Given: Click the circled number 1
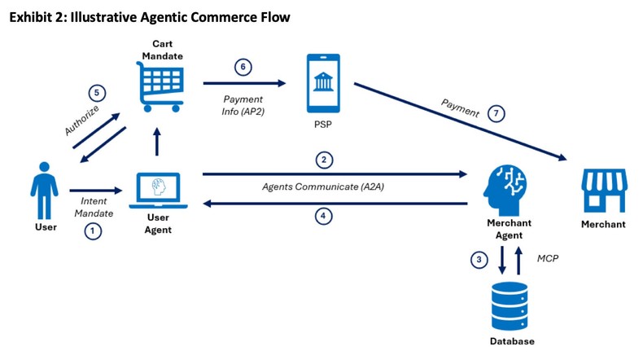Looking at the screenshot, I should [93, 230].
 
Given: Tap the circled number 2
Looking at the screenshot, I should [324, 160].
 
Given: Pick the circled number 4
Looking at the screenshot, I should [324, 217].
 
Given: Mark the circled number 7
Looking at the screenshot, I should [497, 114].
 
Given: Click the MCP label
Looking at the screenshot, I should [548, 258].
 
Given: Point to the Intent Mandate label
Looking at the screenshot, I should [95, 207].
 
